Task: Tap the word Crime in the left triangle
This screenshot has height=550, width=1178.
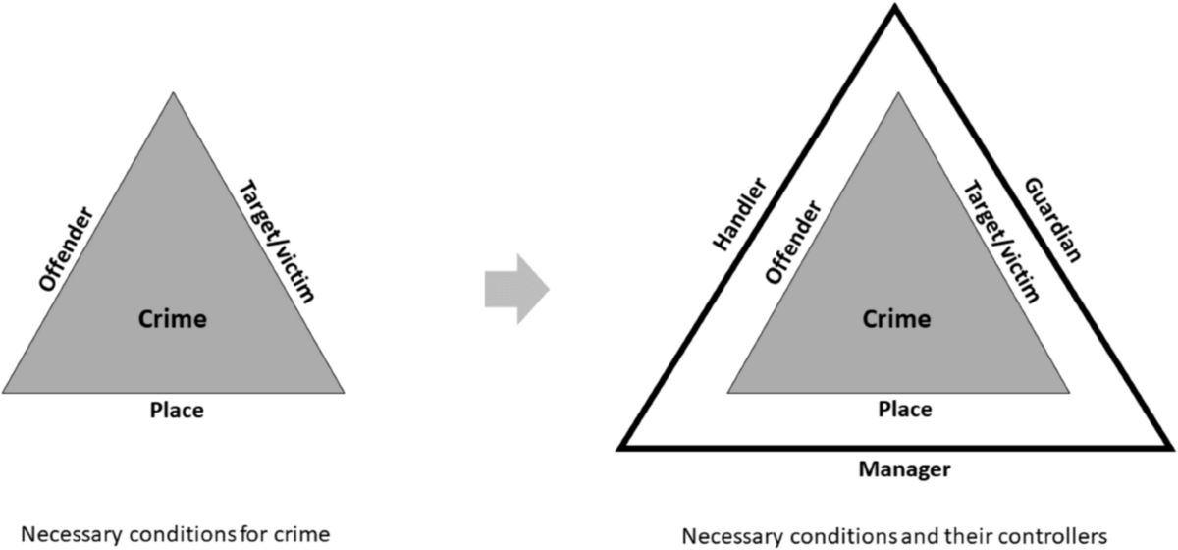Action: pos(174,318)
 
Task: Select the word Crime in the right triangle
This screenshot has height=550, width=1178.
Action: pos(895,318)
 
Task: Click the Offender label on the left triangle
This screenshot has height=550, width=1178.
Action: pos(68,247)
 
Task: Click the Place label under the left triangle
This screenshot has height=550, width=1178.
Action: pos(177,410)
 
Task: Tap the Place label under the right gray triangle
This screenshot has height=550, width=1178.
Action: pos(904,410)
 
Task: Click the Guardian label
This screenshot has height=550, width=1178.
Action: pos(1053,219)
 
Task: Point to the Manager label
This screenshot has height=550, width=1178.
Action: pos(904,469)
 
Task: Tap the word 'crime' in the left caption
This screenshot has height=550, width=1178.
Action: pos(302,536)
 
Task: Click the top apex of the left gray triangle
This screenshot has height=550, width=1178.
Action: pos(174,93)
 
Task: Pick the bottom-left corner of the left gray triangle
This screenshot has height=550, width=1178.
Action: pos(5,393)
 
